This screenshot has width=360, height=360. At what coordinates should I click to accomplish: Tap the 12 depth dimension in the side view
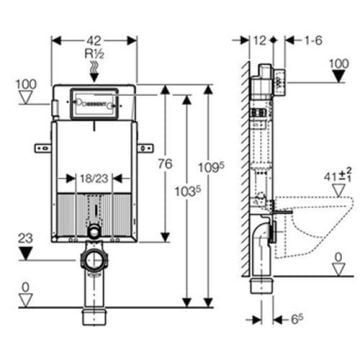pos(259,41)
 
